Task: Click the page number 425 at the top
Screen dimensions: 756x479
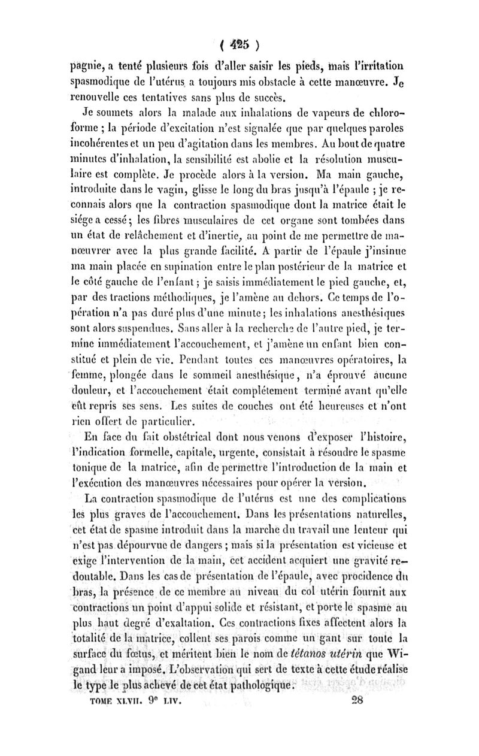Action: click(x=239, y=45)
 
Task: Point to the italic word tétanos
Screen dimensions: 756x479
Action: click(x=308, y=654)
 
